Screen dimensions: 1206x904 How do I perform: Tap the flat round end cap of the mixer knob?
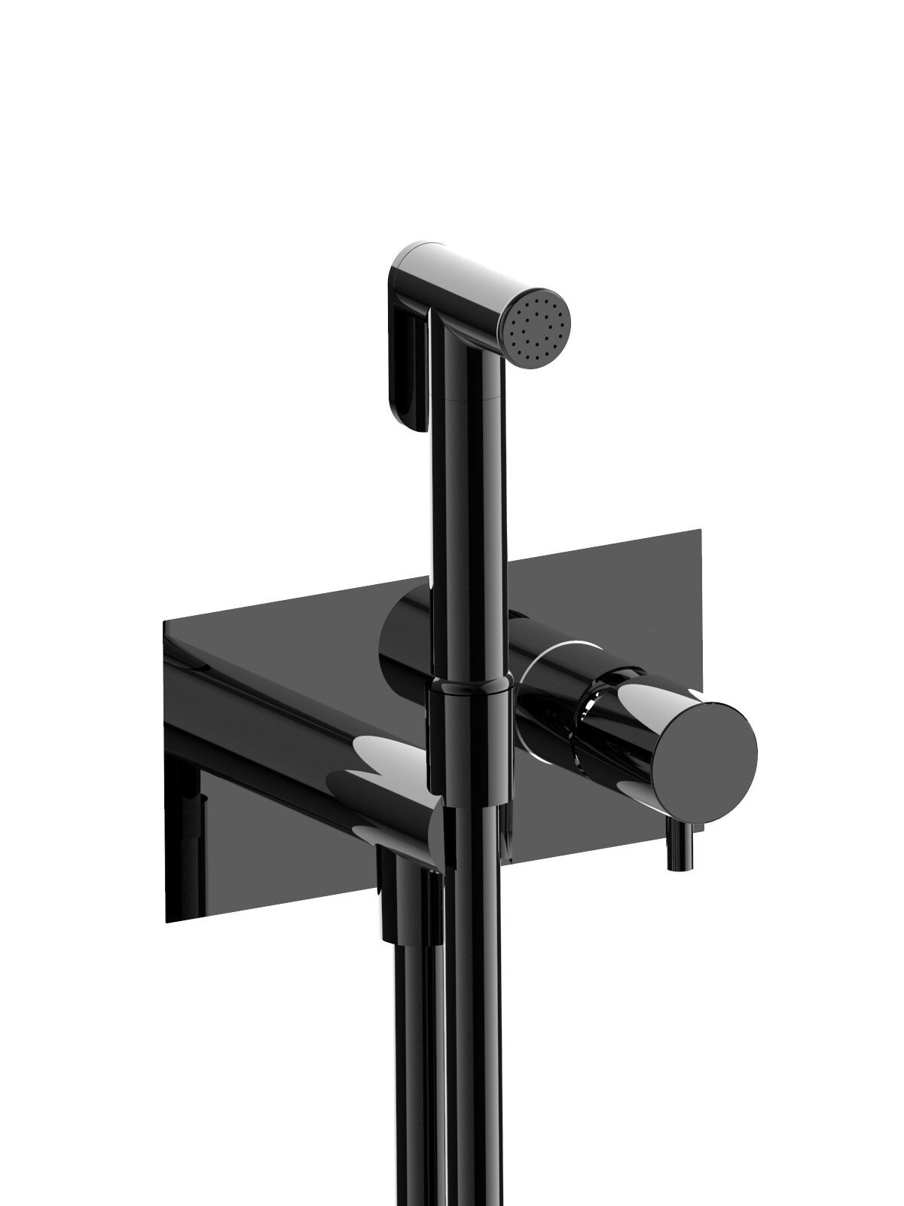pyautogui.click(x=705, y=753)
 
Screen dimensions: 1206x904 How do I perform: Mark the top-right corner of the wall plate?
pyautogui.click(x=701, y=531)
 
